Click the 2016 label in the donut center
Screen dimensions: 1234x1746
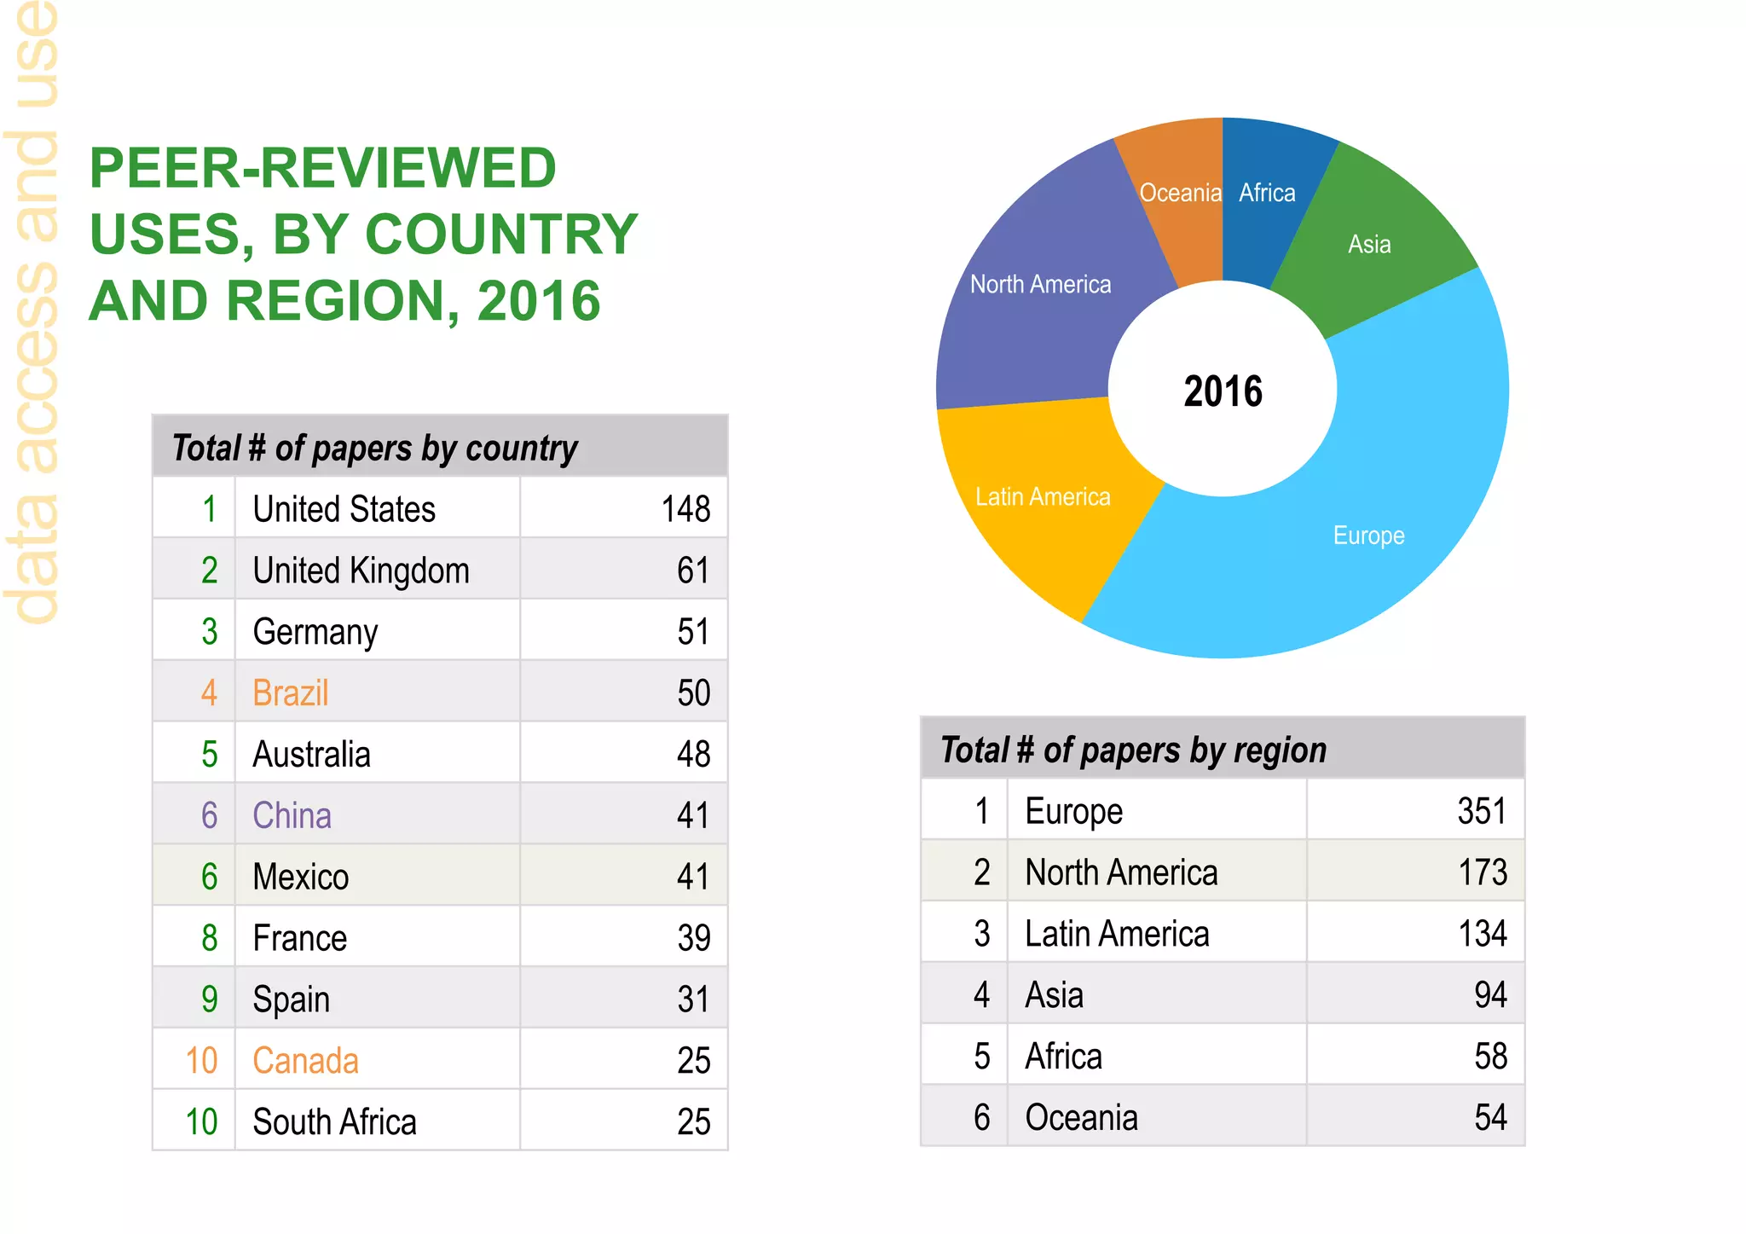(x=1223, y=391)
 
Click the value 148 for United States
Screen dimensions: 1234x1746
(x=685, y=509)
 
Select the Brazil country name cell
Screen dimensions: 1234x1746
(x=291, y=693)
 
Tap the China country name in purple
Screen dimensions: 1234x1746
(x=292, y=816)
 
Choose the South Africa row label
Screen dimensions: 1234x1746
(x=334, y=1122)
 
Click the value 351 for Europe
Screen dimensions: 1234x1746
(x=1482, y=811)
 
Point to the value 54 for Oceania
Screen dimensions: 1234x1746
(x=1490, y=1117)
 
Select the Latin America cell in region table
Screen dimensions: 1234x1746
(x=1117, y=934)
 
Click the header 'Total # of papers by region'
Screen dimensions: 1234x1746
(x=1134, y=750)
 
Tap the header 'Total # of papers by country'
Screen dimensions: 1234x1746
(x=375, y=449)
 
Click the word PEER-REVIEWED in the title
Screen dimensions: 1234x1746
(x=322, y=168)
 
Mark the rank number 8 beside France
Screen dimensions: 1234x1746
(x=210, y=938)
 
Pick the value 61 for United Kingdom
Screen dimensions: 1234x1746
(x=692, y=571)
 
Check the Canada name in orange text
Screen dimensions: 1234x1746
(x=305, y=1061)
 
